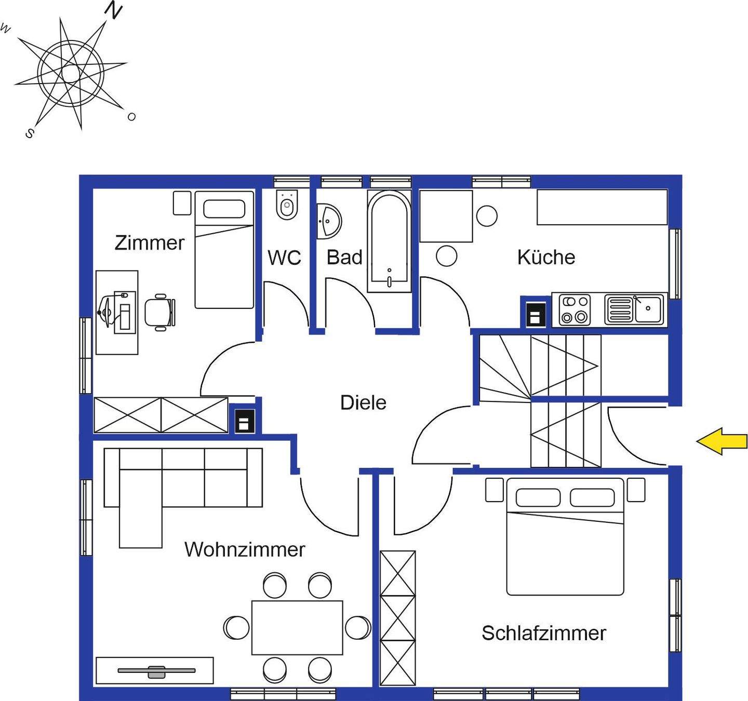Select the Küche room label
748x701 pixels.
coord(546,258)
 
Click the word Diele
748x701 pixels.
coord(363,402)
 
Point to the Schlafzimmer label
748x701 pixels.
coord(543,633)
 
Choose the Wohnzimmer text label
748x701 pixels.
coord(245,549)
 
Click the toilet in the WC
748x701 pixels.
coord(287,206)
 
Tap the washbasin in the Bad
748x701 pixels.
coord(328,221)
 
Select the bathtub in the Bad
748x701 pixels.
coord(389,241)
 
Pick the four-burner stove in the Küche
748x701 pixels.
coord(575,309)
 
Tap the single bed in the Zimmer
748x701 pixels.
coord(224,249)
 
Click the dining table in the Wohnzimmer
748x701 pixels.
coord(297,627)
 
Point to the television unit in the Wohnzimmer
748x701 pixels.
coord(155,671)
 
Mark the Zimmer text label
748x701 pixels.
coord(150,243)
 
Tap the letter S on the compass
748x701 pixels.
coord(30,133)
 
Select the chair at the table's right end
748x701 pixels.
coord(357,627)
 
